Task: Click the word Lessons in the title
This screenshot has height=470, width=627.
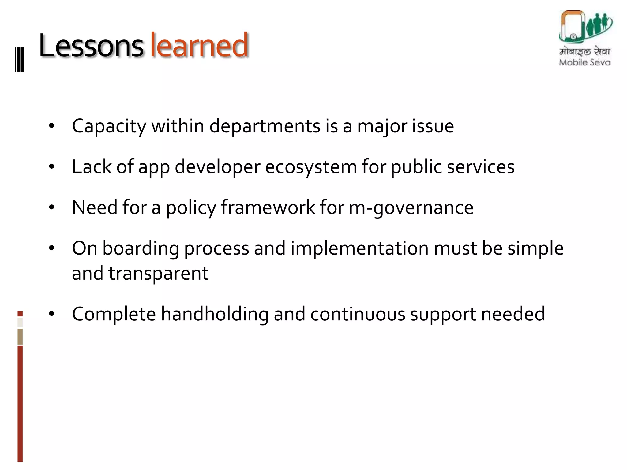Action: click(x=91, y=46)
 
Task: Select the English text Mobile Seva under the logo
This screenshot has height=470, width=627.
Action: click(x=584, y=62)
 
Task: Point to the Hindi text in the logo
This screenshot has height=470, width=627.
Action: click(x=584, y=51)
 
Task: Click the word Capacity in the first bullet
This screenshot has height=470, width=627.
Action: click(x=109, y=126)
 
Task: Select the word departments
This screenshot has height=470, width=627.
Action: click(x=265, y=126)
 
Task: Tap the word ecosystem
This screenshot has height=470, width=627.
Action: click(x=311, y=167)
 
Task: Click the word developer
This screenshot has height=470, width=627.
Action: click(x=217, y=167)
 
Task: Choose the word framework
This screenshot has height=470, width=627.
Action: click(x=268, y=207)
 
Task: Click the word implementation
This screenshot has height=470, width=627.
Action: click(x=359, y=248)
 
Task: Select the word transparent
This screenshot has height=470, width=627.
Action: click(x=159, y=273)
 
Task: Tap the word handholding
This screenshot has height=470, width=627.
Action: click(x=215, y=314)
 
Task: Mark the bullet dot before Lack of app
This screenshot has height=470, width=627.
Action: click(x=51, y=167)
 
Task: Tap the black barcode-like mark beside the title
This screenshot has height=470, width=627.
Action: click(x=20, y=59)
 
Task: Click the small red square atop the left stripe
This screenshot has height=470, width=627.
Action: click(x=20, y=314)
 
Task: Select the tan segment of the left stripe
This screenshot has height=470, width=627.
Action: click(x=20, y=337)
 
